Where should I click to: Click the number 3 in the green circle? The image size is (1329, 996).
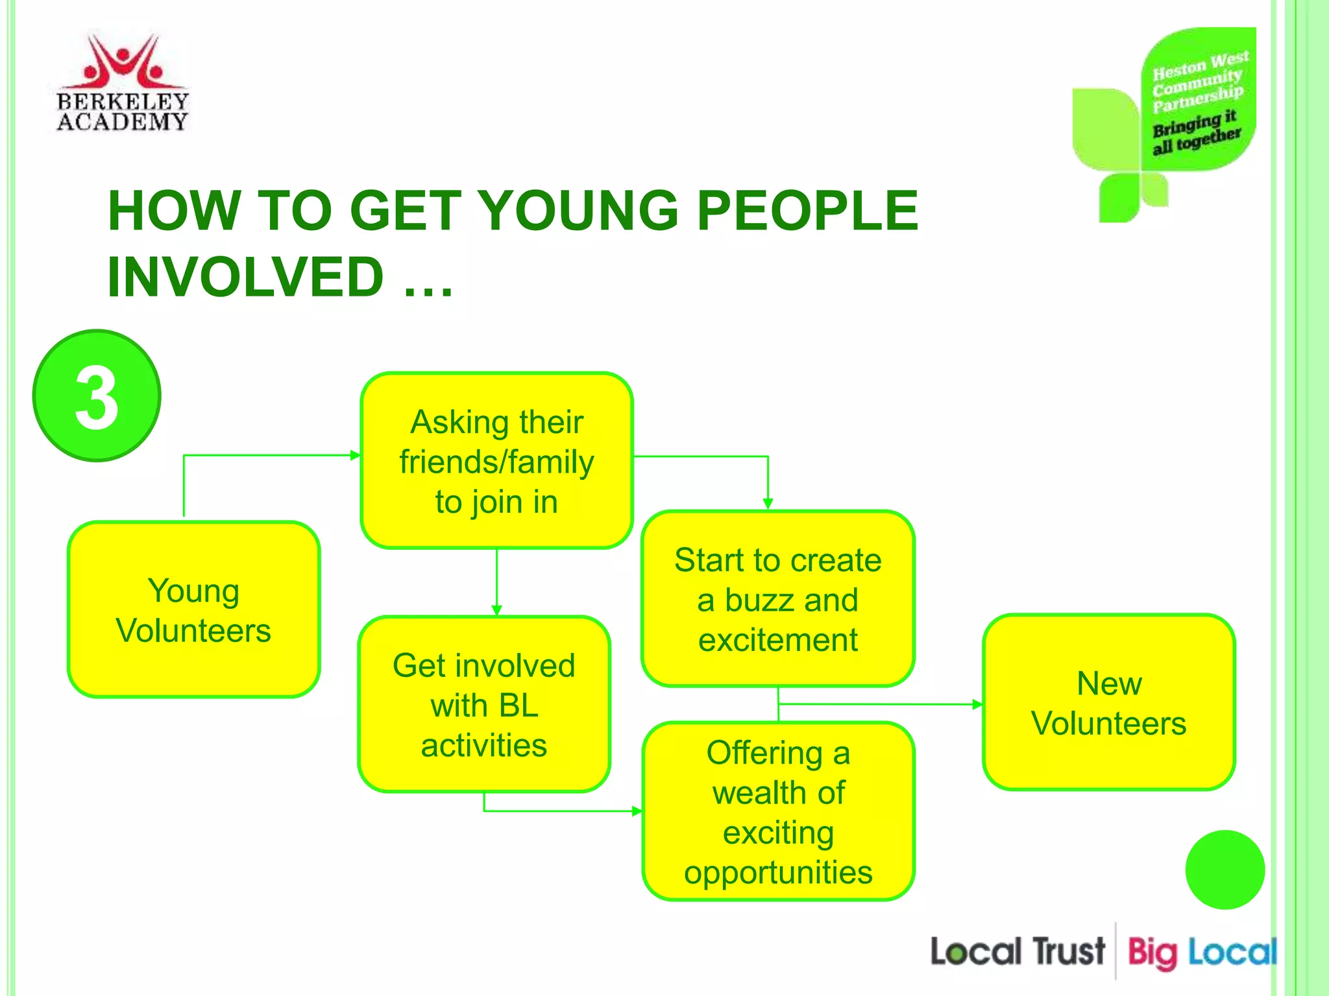(x=97, y=396)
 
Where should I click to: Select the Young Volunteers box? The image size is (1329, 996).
(x=193, y=610)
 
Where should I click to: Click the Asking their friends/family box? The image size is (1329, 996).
(x=496, y=461)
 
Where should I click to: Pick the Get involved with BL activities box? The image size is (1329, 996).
(x=484, y=704)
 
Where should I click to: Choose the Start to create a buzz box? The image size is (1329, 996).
(x=777, y=599)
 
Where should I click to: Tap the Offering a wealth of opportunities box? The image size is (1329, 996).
(x=778, y=811)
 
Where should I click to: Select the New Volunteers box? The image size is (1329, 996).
(x=1108, y=702)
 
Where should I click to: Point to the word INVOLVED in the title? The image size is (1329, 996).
(x=246, y=277)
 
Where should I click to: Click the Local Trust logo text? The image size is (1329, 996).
(x=1017, y=952)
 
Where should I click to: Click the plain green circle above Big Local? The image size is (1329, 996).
(x=1225, y=870)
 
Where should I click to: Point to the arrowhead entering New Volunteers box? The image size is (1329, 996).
(x=977, y=704)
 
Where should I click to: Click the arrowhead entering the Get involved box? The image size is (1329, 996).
(x=497, y=610)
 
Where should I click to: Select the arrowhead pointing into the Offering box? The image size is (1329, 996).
(x=637, y=811)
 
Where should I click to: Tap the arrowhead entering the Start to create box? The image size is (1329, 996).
(x=768, y=504)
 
